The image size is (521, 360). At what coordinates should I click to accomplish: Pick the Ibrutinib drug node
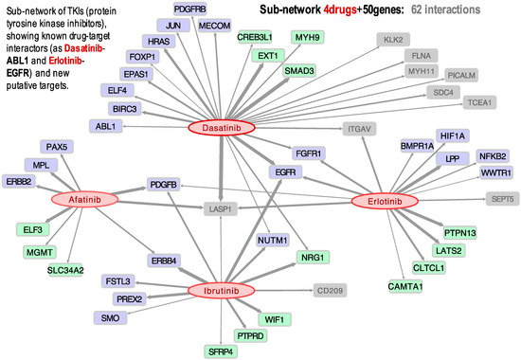coord(228,290)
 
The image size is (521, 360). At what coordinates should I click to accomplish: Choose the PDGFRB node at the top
coord(190,9)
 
